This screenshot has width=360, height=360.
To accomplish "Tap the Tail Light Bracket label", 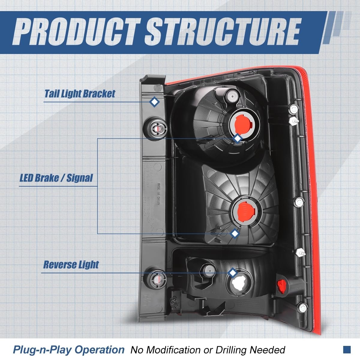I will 79,93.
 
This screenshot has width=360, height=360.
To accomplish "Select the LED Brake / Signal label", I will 56,178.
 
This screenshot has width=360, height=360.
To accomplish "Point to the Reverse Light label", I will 71,265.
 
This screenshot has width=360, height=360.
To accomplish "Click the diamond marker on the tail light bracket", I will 154,102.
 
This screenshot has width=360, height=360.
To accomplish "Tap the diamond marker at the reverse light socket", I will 232,273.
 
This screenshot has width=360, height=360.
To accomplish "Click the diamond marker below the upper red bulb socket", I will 238,138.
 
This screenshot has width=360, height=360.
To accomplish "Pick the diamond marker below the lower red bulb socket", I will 234,233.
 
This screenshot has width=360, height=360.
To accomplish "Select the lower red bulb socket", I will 243,210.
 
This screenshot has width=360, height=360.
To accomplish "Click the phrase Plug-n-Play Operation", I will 68,349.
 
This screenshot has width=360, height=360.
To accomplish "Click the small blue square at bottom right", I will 347,349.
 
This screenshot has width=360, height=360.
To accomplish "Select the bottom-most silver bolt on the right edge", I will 303,307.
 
